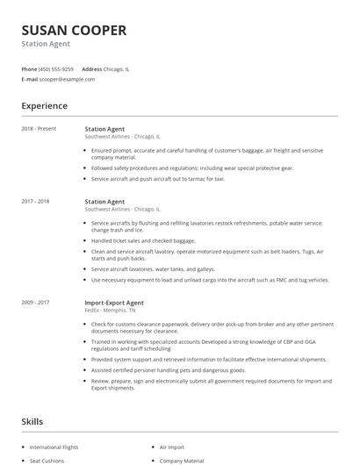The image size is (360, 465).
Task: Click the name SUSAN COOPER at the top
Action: (74, 30)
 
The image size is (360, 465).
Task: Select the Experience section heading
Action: (44, 106)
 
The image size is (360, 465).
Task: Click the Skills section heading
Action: (32, 422)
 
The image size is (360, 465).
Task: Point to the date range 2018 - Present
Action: (39, 129)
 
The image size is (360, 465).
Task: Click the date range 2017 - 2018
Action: (35, 202)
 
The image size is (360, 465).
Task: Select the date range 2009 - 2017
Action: (35, 303)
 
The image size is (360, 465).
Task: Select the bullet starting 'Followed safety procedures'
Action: (191, 168)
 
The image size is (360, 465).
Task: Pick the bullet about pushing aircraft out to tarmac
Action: (158, 178)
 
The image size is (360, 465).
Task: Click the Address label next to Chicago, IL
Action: (92, 68)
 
